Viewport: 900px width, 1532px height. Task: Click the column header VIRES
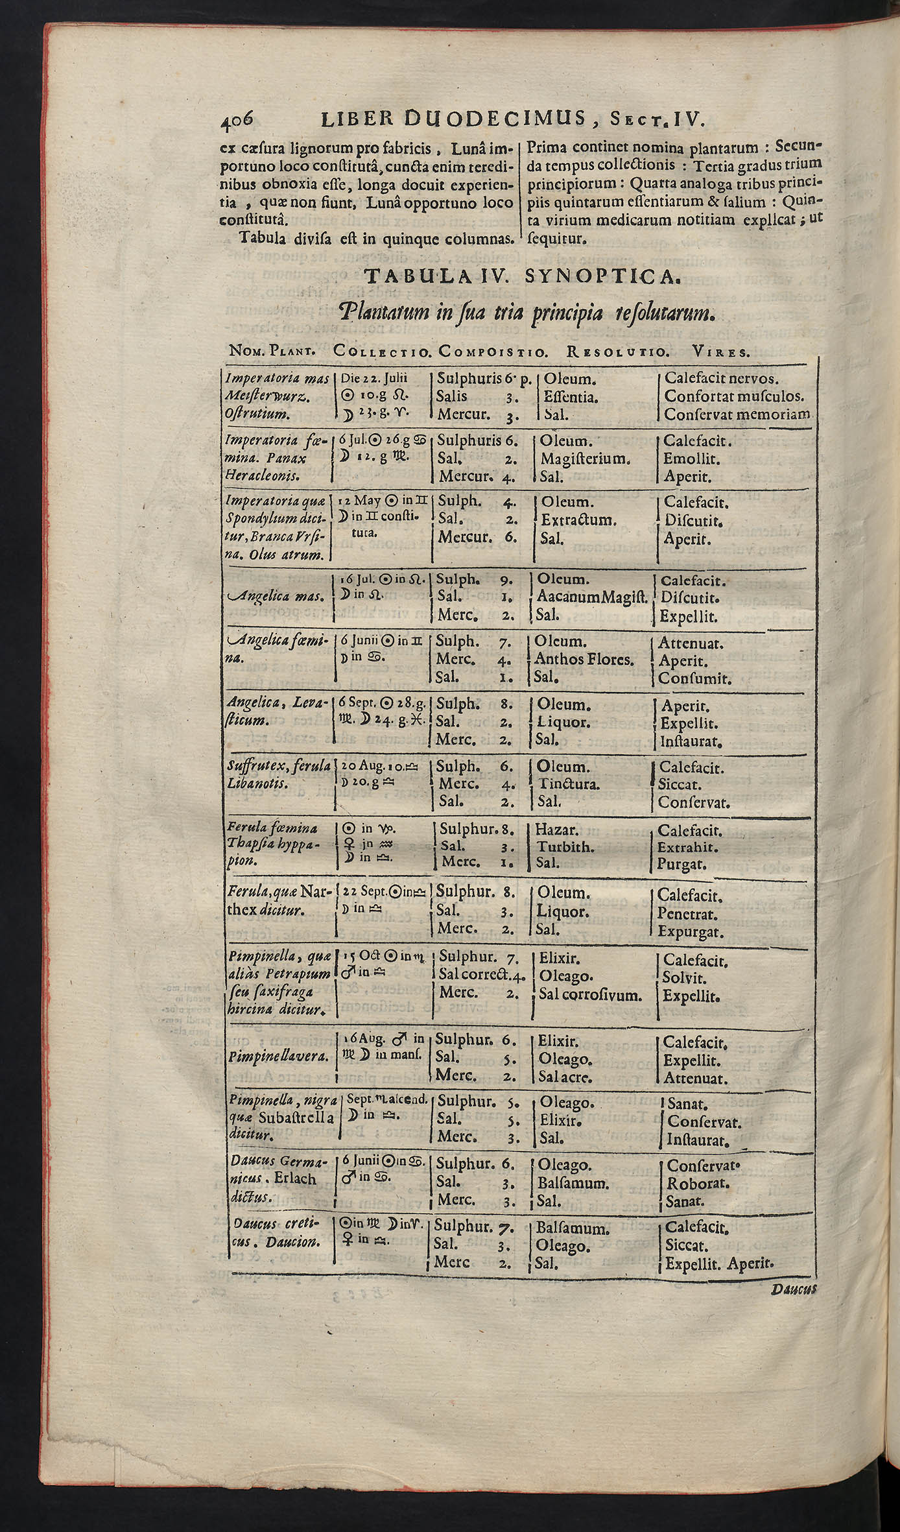[720, 353]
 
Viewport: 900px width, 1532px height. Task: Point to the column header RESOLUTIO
[617, 353]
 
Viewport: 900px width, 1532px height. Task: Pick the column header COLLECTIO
[383, 353]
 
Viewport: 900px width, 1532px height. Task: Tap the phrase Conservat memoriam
[737, 414]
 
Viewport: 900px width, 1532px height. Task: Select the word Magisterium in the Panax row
[586, 459]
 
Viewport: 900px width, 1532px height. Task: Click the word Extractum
[578, 520]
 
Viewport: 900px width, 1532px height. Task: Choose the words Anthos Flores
[584, 660]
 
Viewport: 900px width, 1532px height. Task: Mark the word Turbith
[564, 847]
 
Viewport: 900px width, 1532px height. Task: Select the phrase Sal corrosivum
[590, 995]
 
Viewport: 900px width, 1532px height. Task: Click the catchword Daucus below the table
[793, 1290]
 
